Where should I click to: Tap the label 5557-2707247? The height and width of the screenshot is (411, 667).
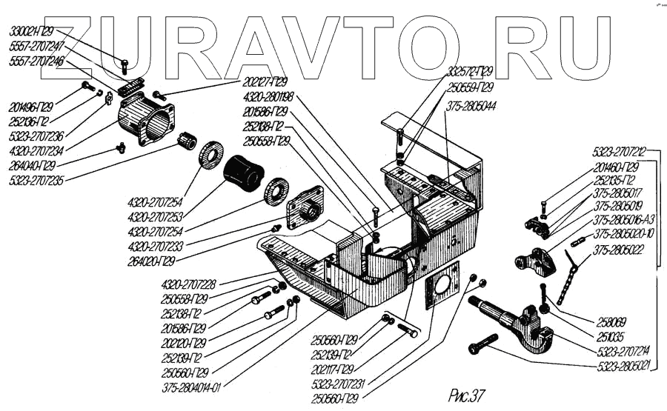[36, 46]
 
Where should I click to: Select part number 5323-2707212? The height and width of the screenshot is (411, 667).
[620, 152]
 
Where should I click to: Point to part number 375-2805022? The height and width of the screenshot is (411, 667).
[619, 248]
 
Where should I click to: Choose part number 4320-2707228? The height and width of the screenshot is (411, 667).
[189, 286]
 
